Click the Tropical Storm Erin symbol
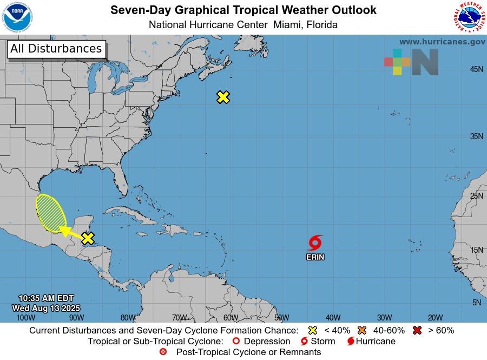315,243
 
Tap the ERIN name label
315,257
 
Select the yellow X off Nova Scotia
223,97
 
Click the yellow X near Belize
88,238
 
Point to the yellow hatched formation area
51,213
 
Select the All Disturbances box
56,49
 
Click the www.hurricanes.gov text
442,42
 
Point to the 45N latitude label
476,69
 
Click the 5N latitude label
476,303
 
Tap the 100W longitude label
25,318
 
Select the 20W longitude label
435,318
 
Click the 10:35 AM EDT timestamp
45,298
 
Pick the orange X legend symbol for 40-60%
362,330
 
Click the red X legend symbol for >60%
417,330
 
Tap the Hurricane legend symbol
351,341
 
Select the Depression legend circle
235,341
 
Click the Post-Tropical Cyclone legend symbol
163,352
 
